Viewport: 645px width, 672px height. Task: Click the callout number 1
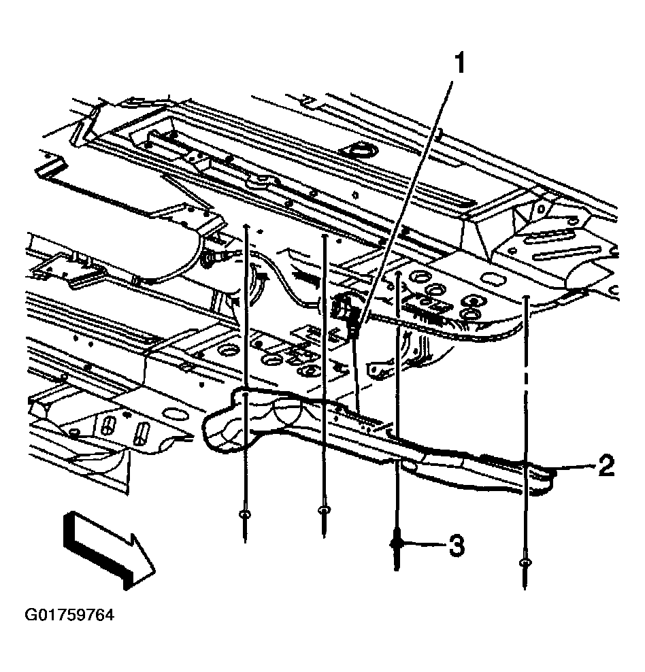[x=459, y=63]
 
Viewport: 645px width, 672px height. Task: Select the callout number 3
[x=457, y=545]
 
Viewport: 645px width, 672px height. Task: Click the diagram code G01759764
[x=69, y=615]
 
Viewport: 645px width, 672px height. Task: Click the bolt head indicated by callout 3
[x=397, y=544]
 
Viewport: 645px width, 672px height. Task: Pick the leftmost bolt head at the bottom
[x=245, y=514]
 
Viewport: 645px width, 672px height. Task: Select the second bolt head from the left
[x=324, y=509]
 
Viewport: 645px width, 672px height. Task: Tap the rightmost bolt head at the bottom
[x=525, y=562]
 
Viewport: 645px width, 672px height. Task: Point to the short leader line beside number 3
[x=425, y=544]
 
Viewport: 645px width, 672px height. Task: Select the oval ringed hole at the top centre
[x=359, y=152]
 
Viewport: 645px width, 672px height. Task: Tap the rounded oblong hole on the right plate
[x=493, y=280]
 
